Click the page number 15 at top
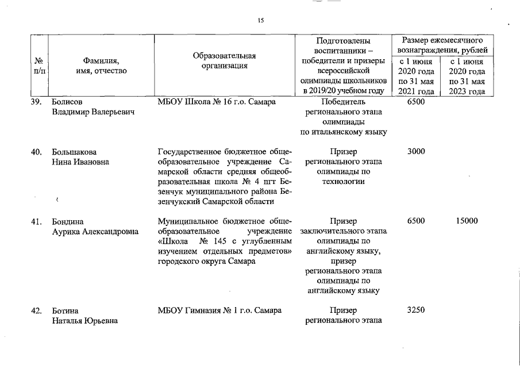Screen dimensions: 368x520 coord(260,21)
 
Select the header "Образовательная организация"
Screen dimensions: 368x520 coord(224,60)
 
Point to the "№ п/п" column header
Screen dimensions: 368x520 coord(40,66)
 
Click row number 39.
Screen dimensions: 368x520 coord(37,102)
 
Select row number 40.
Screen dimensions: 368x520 coord(37,152)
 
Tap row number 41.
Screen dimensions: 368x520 coord(37,221)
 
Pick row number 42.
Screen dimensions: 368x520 coord(37,310)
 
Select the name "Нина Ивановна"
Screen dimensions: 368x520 coord(80,162)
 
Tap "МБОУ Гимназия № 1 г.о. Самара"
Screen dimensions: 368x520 coord(219,310)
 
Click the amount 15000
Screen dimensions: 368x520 coord(467,221)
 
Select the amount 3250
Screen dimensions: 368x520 coord(415,310)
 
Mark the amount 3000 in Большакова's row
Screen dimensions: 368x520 coord(415,152)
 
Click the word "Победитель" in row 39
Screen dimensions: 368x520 coord(344,102)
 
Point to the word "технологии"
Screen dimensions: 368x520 coord(344,182)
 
